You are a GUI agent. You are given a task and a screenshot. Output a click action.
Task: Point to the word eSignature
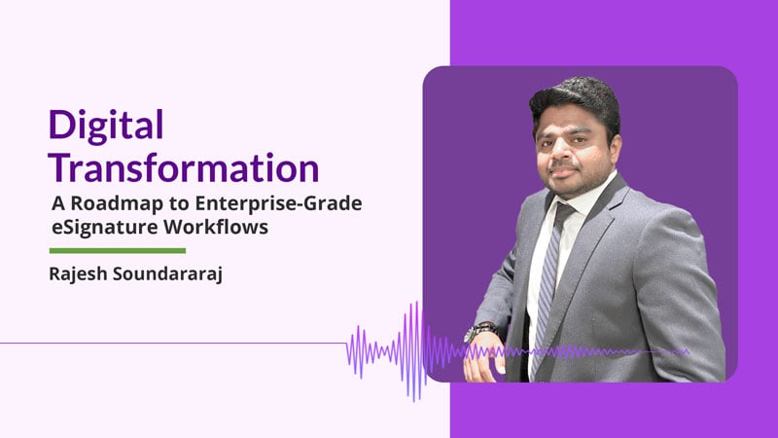point(97,226)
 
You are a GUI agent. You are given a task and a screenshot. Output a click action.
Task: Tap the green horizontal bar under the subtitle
point(117,250)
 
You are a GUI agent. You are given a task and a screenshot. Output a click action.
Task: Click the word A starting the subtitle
point(56,203)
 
